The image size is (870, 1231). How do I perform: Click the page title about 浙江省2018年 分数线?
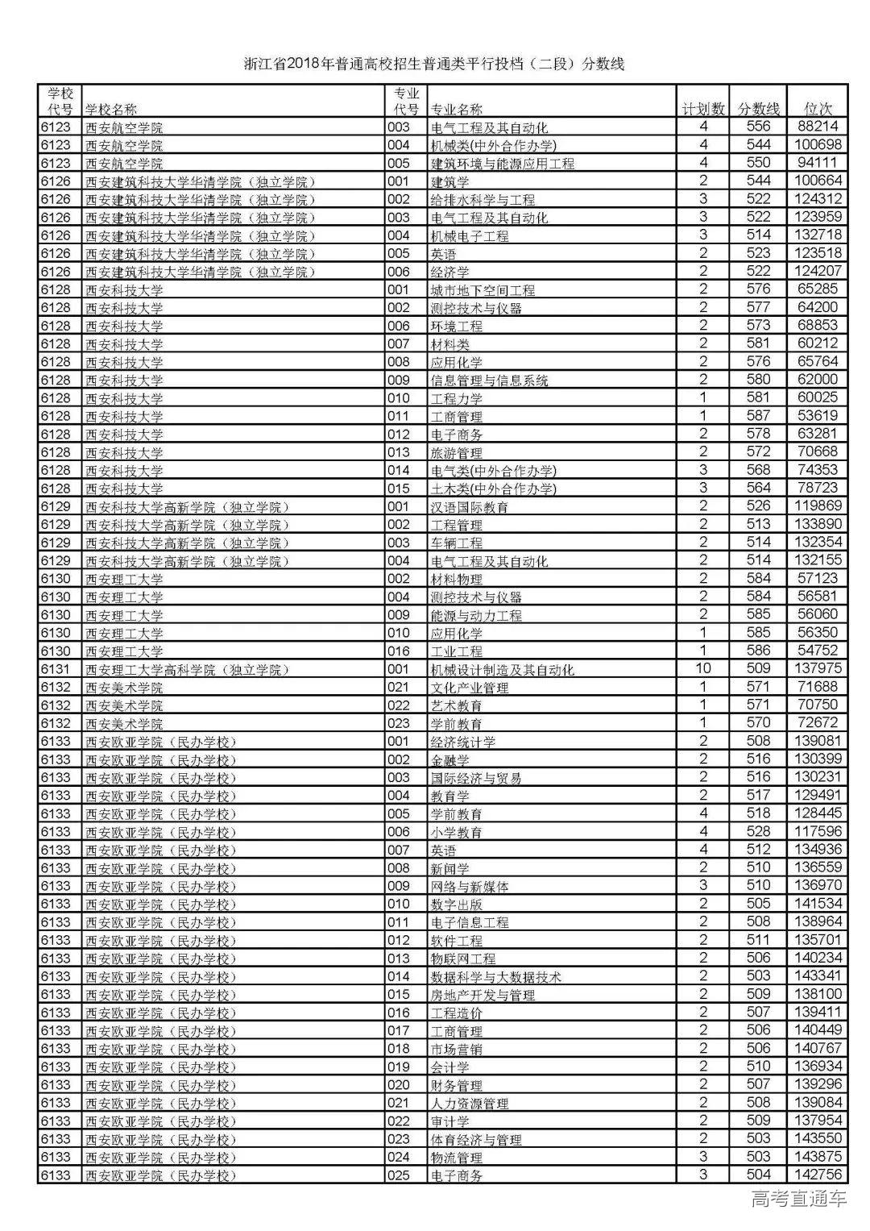[435, 64]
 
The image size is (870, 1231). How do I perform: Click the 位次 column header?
[819, 109]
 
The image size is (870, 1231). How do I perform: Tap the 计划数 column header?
[703, 109]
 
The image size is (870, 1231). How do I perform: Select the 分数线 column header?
[759, 109]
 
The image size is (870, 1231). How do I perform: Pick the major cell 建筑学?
[450, 181]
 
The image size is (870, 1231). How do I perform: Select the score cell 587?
[758, 416]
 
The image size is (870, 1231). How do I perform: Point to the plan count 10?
[703, 668]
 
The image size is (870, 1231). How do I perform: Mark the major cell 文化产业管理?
[470, 688]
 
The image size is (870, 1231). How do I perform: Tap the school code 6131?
[56, 669]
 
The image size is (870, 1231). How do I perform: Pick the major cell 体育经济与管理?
[476, 1139]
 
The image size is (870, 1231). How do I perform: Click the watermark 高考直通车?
[799, 1199]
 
